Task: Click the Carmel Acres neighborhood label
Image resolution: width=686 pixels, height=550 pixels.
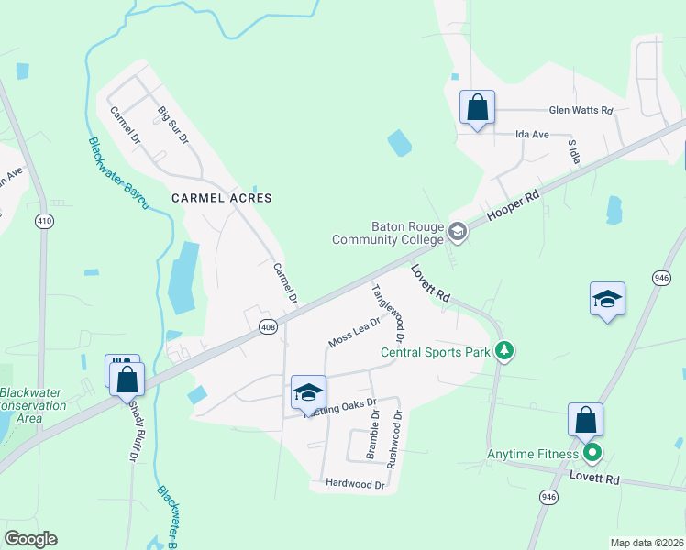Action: point(222,197)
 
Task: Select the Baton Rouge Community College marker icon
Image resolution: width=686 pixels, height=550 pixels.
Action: point(459,233)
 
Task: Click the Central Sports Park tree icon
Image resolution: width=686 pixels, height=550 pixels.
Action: point(503,350)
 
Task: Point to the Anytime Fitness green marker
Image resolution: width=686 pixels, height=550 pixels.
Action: point(592,452)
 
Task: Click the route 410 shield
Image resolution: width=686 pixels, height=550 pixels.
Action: point(44,221)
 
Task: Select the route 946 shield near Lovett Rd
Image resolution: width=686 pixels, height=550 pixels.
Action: point(548,497)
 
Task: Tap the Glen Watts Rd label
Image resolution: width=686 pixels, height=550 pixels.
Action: point(580,110)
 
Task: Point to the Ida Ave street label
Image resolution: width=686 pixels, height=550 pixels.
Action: point(532,134)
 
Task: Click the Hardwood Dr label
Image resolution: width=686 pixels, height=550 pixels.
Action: point(354,483)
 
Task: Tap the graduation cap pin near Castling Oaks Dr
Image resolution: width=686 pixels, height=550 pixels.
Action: point(308,393)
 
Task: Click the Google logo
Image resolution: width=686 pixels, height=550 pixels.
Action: point(30,538)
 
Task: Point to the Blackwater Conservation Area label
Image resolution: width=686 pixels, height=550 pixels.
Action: point(31,405)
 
